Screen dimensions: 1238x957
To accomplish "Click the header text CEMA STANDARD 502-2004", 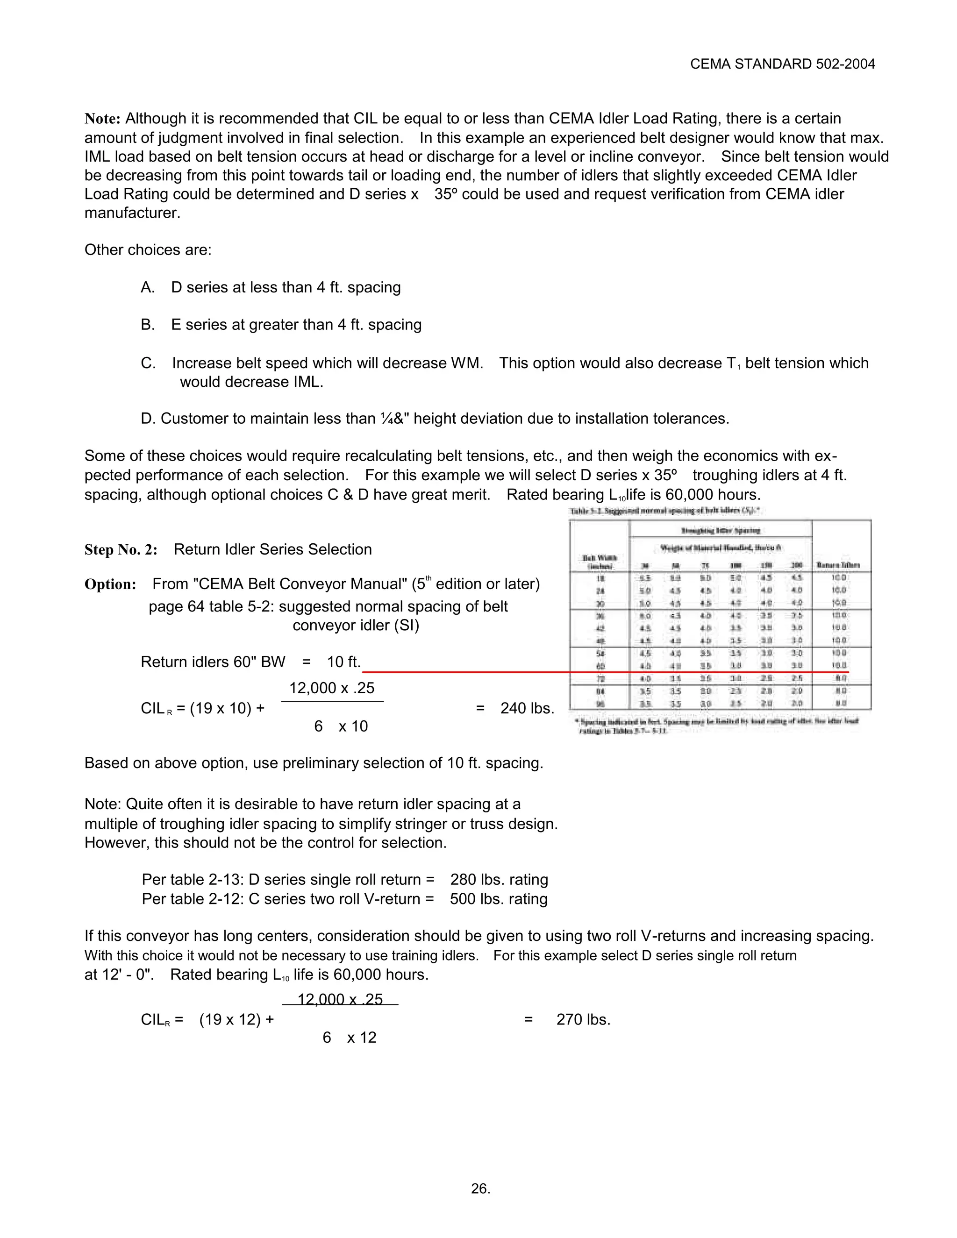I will coord(782,64).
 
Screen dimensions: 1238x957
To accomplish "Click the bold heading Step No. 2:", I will coord(121,549).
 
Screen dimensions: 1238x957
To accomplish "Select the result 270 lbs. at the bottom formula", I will coord(583,1019).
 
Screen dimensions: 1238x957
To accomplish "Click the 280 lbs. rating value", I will coord(499,879).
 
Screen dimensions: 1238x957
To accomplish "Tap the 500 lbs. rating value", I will coord(498,898).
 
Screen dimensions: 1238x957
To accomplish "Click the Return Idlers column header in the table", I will coord(838,565).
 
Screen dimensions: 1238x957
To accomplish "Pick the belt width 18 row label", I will coord(600,577).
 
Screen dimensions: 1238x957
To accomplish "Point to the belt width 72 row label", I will coord(600,678).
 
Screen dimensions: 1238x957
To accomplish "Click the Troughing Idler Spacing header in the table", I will coord(721,531).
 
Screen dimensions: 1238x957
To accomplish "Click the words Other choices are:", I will coord(148,250).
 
